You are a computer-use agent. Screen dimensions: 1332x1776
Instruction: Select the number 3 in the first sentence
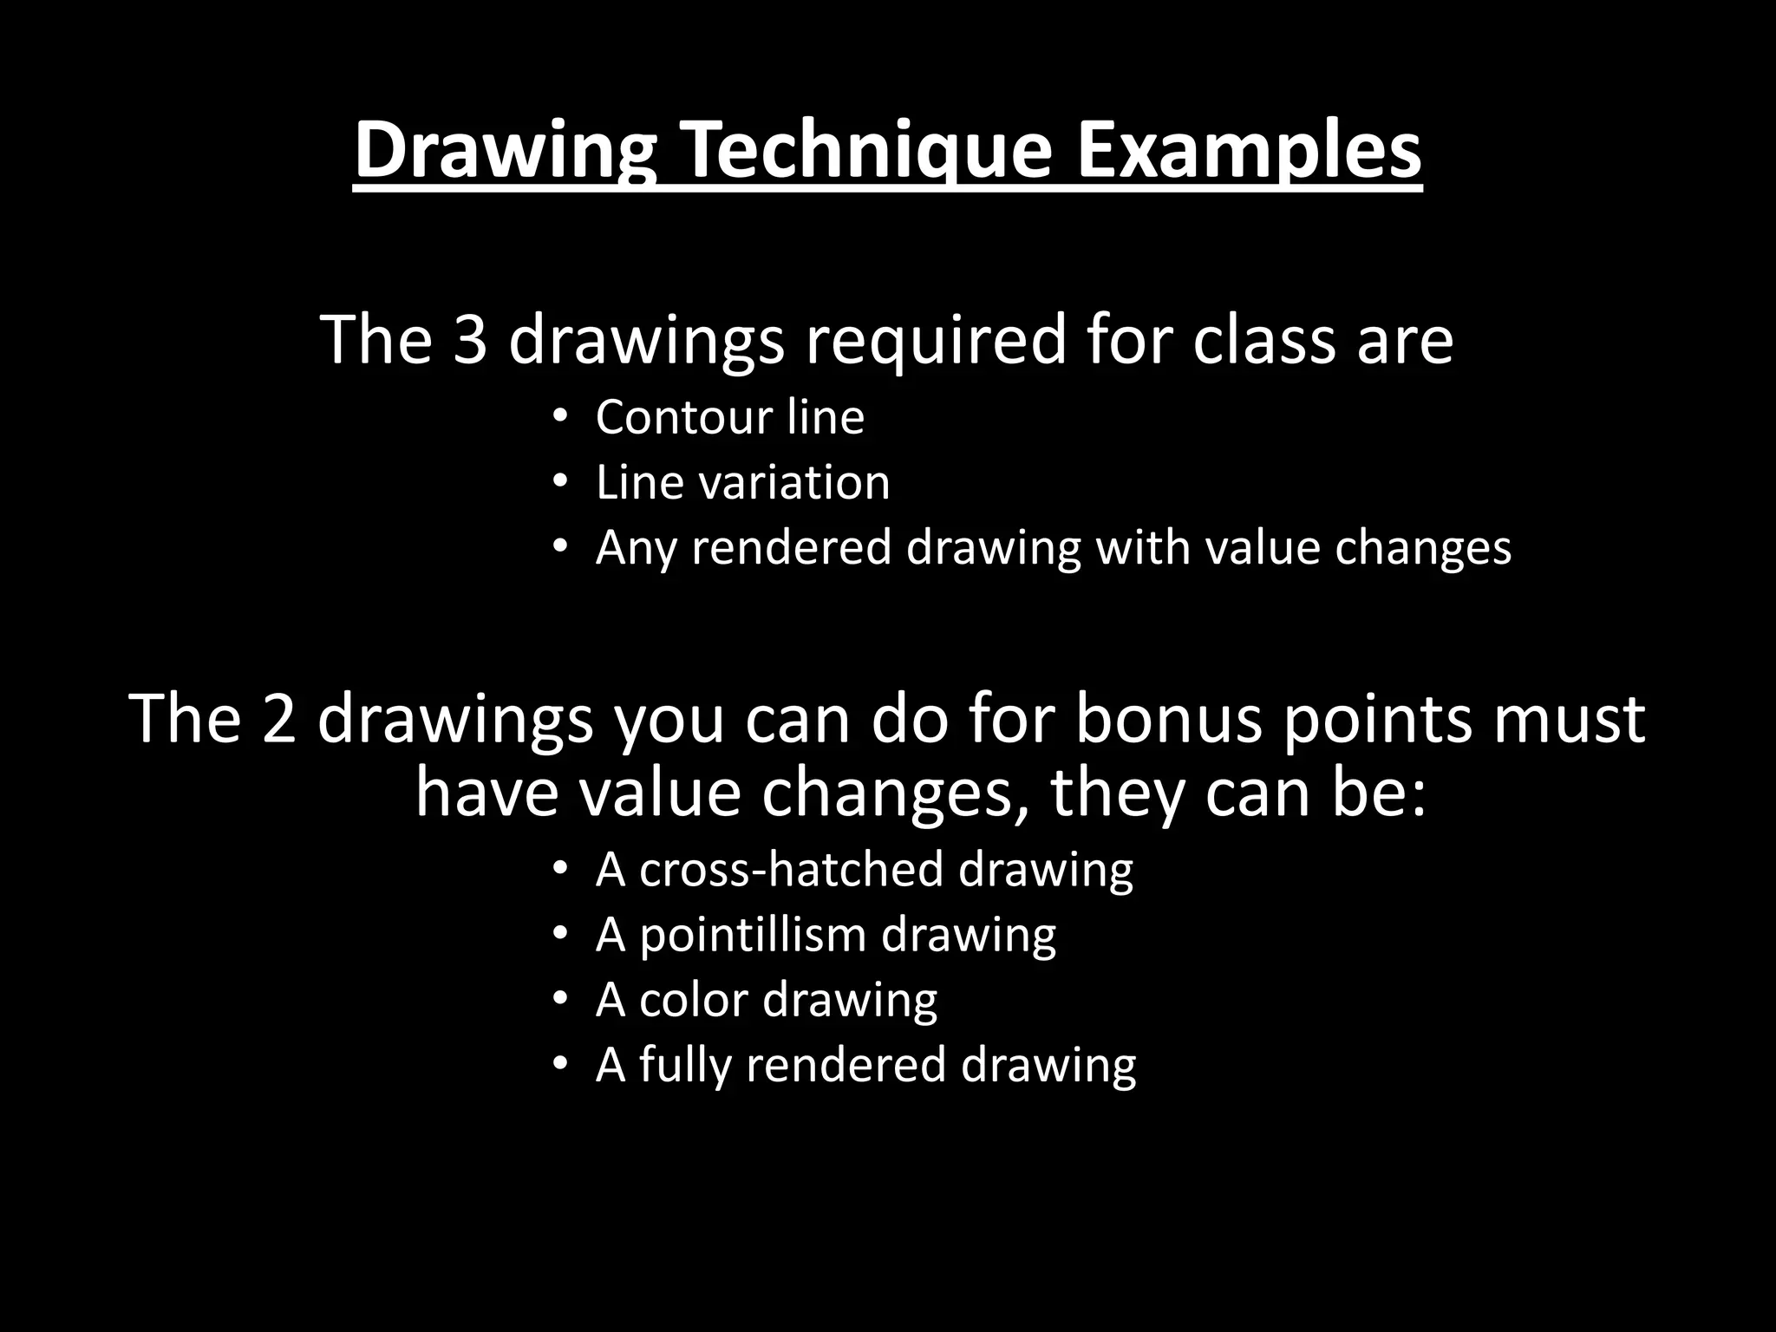pyautogui.click(x=470, y=340)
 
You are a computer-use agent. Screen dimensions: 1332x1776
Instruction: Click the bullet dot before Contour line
pyautogui.click(x=559, y=416)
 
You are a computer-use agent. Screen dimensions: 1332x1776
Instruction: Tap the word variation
pyautogui.click(x=795, y=482)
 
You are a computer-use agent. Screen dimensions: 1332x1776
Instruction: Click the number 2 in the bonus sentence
pyautogui.click(x=279, y=719)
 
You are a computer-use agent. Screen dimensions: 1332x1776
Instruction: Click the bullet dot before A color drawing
pyautogui.click(x=559, y=999)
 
